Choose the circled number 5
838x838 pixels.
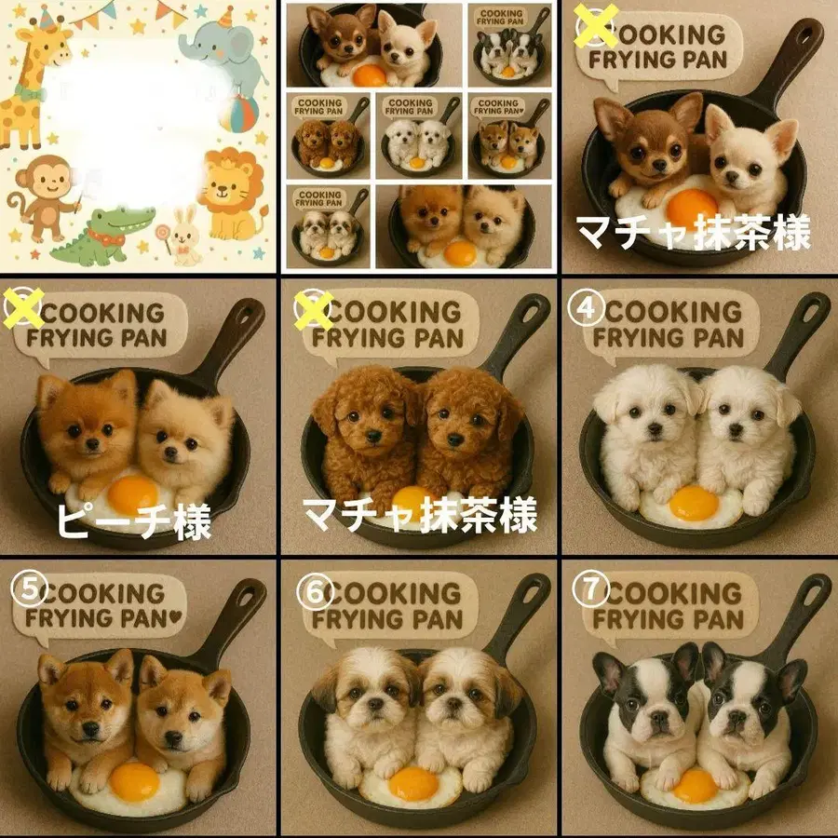coord(25,588)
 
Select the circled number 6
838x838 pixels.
coord(310,589)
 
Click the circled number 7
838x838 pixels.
coord(588,589)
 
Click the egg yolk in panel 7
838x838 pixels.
coord(695,784)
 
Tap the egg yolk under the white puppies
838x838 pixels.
coord(694,503)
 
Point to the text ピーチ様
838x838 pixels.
coord(132,521)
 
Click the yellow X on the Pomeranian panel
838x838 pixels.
coord(23,308)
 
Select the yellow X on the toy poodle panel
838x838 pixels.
coord(314,308)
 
